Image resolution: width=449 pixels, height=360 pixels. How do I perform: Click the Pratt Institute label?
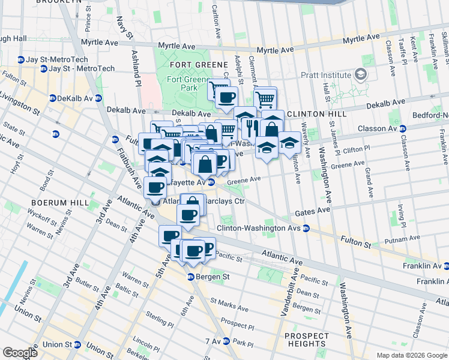[x=326, y=75]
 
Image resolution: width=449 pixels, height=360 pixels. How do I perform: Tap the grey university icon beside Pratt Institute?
[x=360, y=75]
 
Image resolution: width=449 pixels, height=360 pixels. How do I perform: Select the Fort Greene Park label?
[x=182, y=83]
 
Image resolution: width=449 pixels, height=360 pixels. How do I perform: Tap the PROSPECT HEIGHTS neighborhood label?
[x=307, y=340]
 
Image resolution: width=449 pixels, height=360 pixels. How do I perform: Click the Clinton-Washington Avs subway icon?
[x=306, y=228]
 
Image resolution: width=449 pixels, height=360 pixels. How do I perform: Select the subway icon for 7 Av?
[x=226, y=341]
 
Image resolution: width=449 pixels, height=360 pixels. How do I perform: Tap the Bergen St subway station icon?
[x=190, y=277]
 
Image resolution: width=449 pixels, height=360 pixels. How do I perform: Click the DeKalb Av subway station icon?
[x=53, y=98]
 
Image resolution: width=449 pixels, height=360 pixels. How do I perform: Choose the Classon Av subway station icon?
[x=403, y=128]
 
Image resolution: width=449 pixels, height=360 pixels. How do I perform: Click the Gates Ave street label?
[x=313, y=211]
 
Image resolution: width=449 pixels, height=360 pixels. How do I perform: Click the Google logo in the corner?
[x=20, y=353]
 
